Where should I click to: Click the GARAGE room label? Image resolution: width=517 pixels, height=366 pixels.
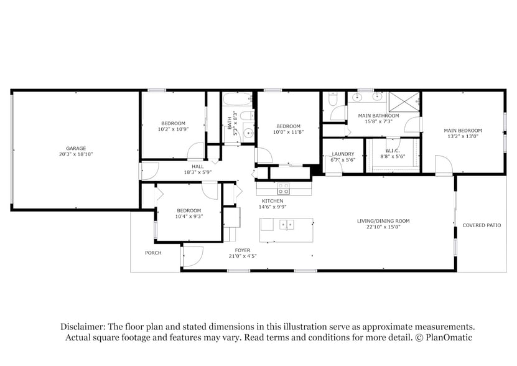(x=76, y=148)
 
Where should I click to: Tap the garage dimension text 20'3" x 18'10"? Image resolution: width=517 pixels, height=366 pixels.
(x=76, y=154)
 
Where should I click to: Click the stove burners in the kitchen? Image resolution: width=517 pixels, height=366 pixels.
(x=283, y=189)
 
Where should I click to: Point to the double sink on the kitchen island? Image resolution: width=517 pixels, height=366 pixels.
(x=286, y=225)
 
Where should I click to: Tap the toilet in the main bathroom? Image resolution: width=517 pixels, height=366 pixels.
(x=333, y=100)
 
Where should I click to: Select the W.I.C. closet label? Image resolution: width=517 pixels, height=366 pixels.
(x=392, y=151)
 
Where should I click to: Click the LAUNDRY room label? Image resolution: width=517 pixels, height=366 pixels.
(x=343, y=154)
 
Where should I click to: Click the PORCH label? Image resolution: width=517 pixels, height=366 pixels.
(x=153, y=253)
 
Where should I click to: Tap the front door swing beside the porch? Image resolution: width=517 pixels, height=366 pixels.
(x=193, y=256)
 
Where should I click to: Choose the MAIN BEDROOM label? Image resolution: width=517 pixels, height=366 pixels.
(x=462, y=131)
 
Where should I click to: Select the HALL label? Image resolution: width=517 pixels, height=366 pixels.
(x=198, y=166)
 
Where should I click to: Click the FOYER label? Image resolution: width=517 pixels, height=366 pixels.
(x=243, y=250)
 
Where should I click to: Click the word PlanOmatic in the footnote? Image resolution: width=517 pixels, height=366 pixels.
(x=449, y=337)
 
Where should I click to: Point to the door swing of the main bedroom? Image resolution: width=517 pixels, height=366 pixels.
(x=443, y=165)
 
